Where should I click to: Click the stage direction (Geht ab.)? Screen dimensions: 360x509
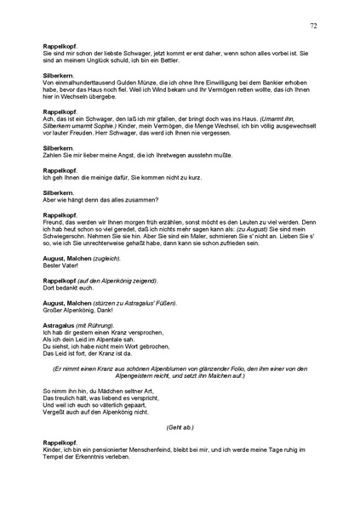click(x=180, y=426)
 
